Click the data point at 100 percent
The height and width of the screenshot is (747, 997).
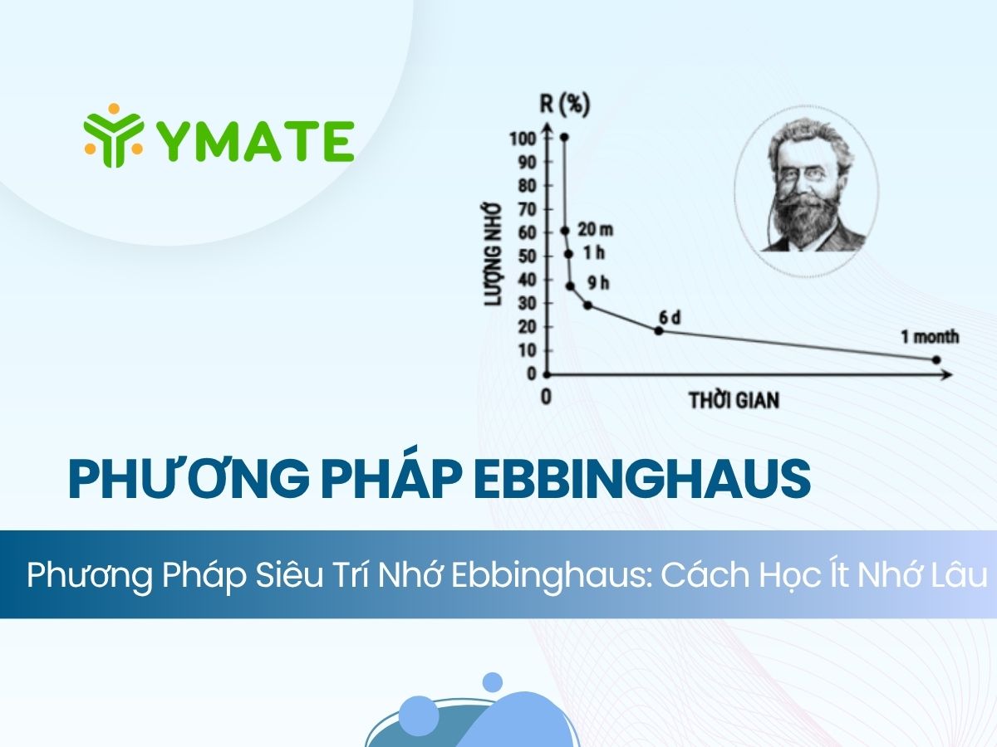pos(564,137)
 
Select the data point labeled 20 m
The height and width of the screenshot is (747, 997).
pos(565,231)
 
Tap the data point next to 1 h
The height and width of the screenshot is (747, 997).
pos(568,254)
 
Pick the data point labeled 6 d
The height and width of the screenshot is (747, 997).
pos(659,330)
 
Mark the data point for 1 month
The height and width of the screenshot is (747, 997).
pos(936,359)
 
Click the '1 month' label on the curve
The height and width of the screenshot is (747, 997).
pos(930,337)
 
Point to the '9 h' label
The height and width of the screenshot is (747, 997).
pos(598,283)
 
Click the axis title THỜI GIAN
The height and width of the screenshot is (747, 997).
pos(734,400)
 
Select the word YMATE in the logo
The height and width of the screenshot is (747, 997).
pos(254,141)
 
